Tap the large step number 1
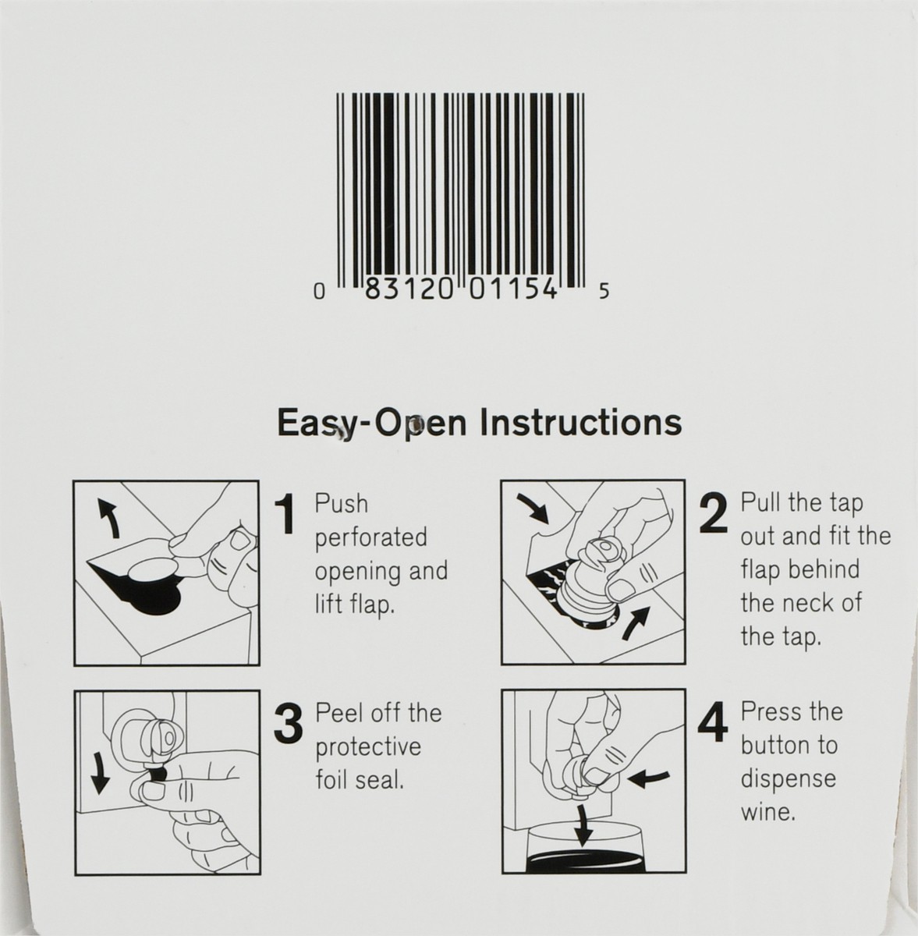click(x=285, y=514)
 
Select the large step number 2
click(x=713, y=513)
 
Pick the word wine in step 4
click(x=768, y=812)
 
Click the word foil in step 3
click(x=333, y=780)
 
